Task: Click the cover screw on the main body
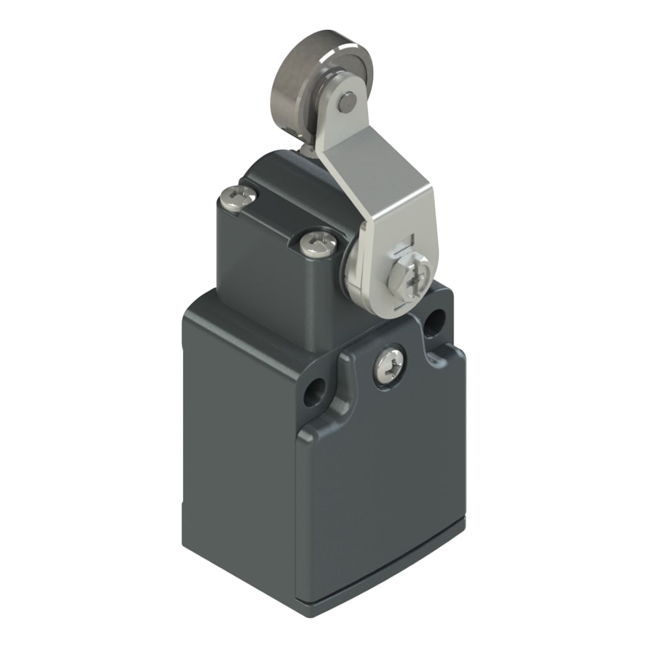[x=388, y=365]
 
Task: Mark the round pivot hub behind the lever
[x=354, y=273]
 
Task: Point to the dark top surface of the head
[x=279, y=182]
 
